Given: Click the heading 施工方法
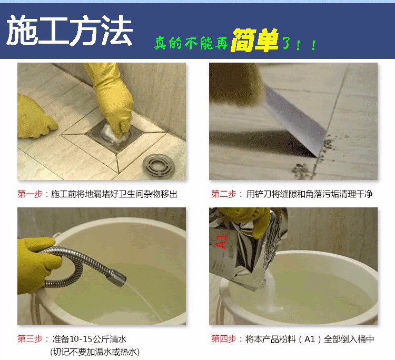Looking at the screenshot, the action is (x=70, y=30).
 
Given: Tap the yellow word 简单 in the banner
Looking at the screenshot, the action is (x=254, y=41).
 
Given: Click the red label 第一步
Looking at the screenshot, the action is (x=29, y=194).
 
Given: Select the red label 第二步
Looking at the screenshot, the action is (x=223, y=194).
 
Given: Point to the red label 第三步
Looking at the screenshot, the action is (x=29, y=339).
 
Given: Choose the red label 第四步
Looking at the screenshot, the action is (x=223, y=339).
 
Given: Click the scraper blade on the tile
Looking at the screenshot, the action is (x=295, y=121).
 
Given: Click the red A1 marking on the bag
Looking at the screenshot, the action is (x=222, y=241).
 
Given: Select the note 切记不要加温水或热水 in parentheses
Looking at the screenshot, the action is (x=95, y=352).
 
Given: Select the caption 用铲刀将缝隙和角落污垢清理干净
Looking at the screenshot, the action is (x=309, y=194).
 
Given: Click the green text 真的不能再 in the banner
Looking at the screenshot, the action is (x=192, y=43).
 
